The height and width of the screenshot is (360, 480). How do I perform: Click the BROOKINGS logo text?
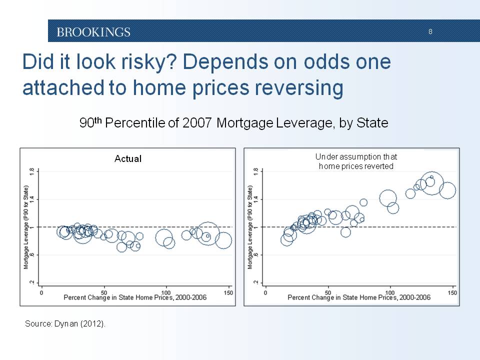93,32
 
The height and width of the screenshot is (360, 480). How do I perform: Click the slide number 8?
430,32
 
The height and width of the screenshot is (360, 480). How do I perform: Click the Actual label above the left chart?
128,158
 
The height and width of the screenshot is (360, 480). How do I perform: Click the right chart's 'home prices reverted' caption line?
356,166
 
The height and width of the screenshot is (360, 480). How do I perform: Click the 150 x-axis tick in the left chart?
229,292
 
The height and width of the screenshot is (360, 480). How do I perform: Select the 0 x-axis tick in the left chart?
42,292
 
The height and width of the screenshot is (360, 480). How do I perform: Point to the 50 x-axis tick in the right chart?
328,292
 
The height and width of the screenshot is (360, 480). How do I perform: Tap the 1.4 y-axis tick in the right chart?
256,199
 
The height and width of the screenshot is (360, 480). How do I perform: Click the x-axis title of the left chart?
135,298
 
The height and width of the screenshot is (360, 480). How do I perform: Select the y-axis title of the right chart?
249,226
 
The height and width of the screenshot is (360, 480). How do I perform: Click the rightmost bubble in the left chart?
223,240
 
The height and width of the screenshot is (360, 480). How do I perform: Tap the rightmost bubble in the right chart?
447,190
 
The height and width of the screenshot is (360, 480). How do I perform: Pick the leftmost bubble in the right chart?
286,239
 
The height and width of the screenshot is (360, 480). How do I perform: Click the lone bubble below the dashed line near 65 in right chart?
345,232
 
